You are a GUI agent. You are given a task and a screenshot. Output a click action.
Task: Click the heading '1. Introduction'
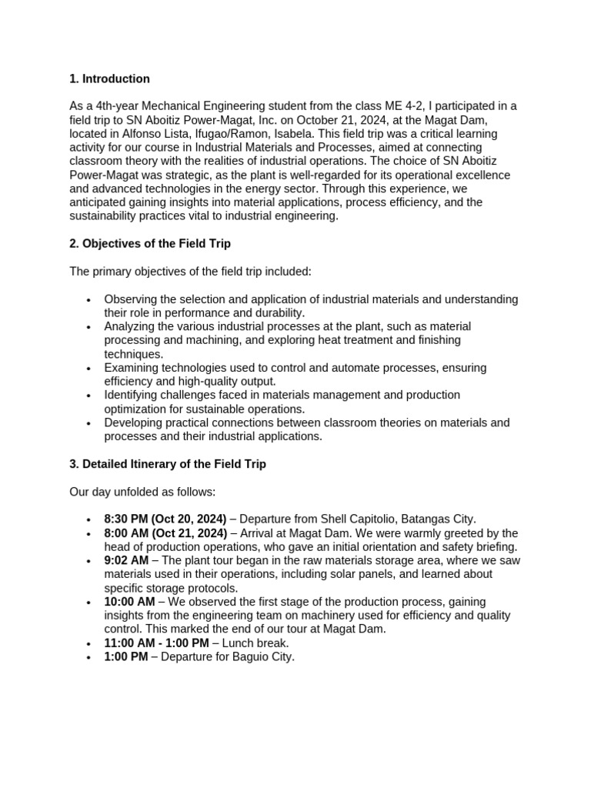pos(110,79)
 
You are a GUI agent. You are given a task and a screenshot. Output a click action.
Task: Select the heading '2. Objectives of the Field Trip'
pos(150,244)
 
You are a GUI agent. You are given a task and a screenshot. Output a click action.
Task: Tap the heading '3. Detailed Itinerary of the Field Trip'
pos(168,464)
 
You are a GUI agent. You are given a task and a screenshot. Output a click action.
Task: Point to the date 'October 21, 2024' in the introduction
pos(356,120)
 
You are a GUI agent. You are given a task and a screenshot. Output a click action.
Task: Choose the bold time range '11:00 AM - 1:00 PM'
pos(156,643)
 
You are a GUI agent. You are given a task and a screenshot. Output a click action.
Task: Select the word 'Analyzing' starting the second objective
pos(130,326)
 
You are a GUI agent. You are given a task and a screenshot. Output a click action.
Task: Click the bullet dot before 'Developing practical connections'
pos(90,423)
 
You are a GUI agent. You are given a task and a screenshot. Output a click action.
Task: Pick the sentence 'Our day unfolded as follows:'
pos(143,492)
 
